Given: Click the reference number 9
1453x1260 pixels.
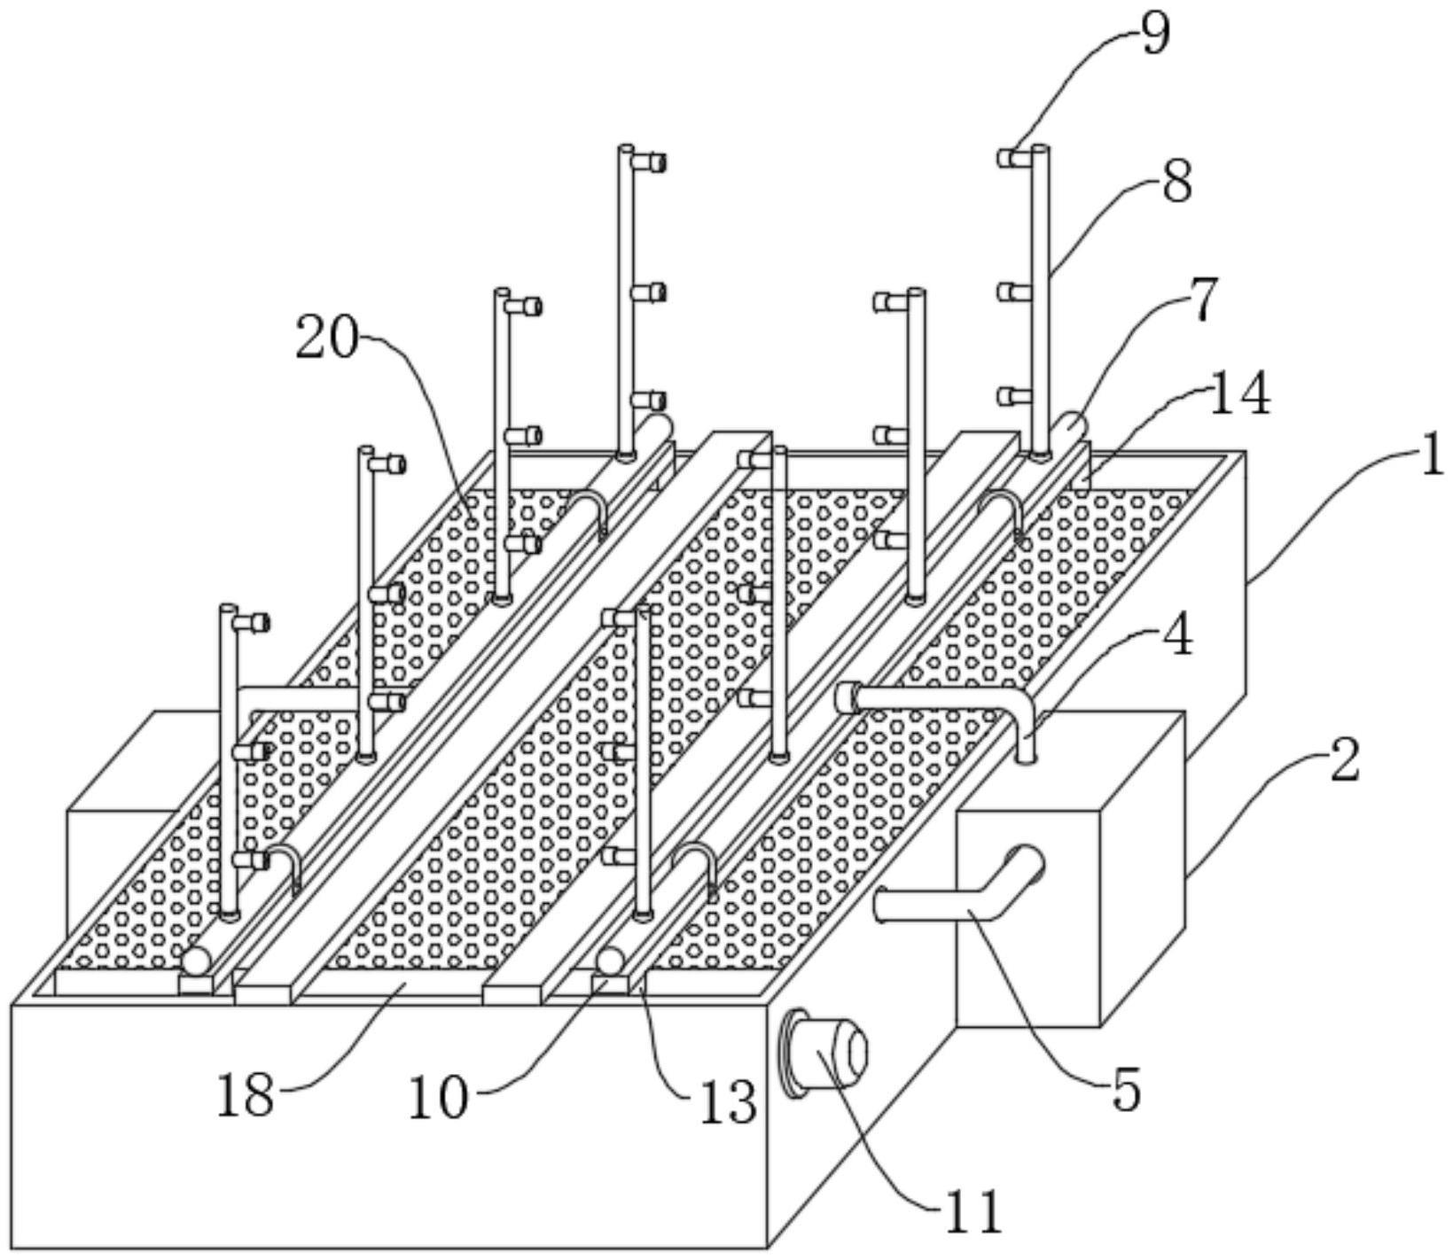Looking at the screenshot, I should (1154, 35).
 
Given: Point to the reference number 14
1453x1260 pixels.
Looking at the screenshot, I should (1240, 395).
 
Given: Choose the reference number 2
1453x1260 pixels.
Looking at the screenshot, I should (1344, 761).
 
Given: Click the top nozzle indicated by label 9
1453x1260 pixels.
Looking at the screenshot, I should (1011, 158).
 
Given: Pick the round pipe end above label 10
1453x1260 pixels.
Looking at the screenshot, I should (609, 961).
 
